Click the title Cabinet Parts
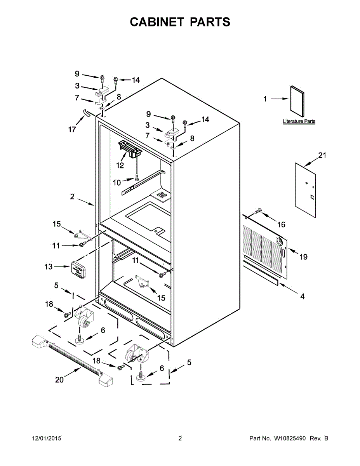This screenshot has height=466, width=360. point(180,22)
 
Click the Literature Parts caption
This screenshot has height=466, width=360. point(299,122)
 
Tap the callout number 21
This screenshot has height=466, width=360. point(322,156)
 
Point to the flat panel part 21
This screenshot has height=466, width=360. point(305,185)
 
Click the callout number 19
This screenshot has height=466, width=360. point(303,257)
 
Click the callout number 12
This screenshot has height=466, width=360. point(120,165)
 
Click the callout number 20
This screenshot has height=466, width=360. point(59,380)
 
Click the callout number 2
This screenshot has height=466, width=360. point(72,197)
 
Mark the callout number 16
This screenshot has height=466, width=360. point(281,224)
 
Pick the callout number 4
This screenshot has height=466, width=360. point(302,297)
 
